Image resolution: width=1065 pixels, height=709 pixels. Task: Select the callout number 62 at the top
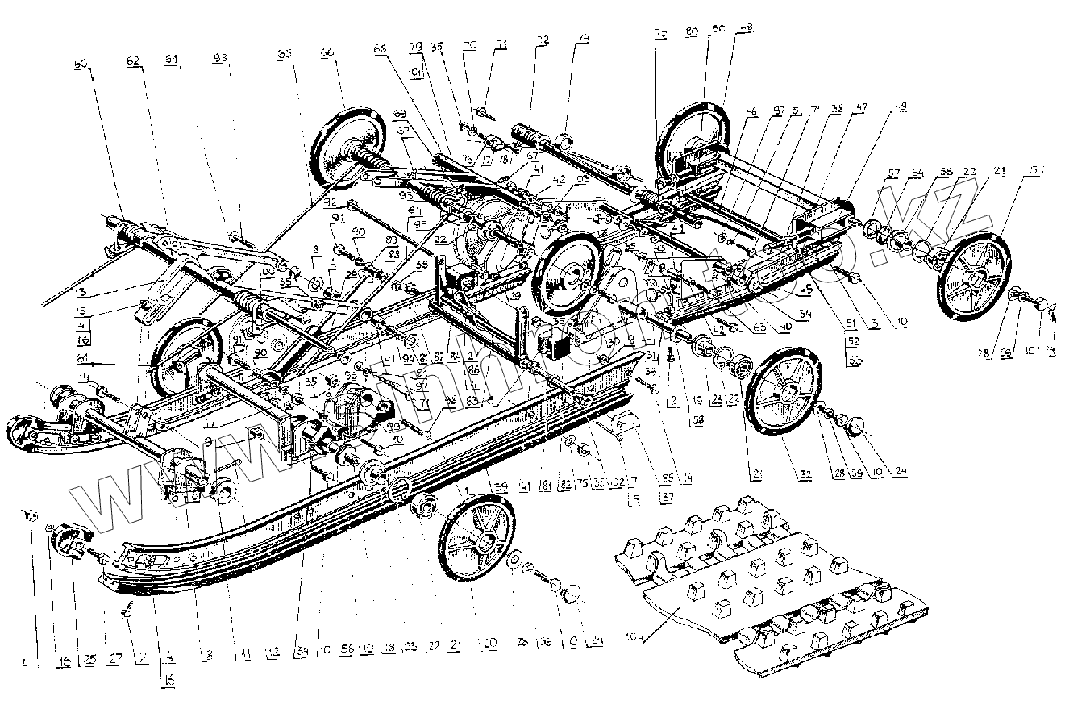click(132, 60)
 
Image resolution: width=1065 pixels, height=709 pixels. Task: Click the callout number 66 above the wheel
click(327, 52)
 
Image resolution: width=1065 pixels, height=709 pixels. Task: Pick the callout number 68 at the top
click(381, 48)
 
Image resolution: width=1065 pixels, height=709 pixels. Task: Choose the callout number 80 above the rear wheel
click(692, 33)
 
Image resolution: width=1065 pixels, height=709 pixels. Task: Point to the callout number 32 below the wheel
click(781, 473)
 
